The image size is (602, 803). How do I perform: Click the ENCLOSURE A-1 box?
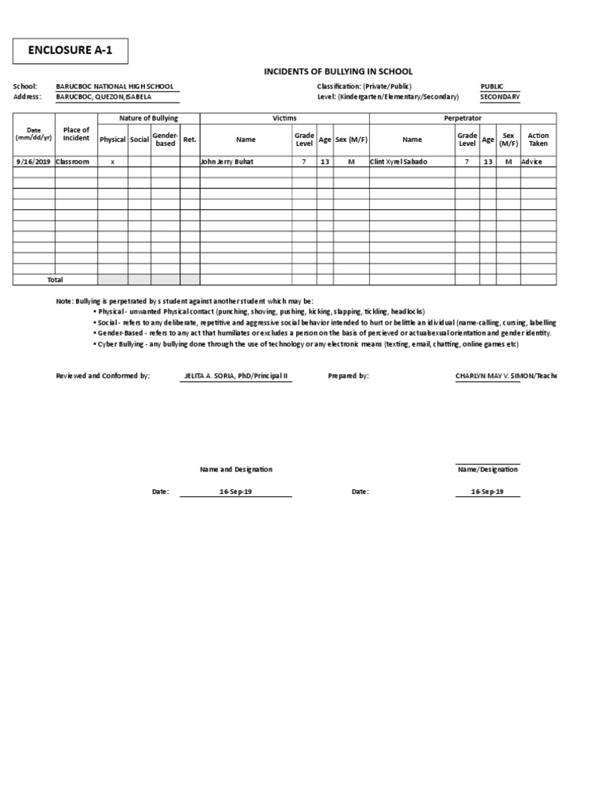click(x=70, y=52)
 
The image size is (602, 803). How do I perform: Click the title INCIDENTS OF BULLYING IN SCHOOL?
click(x=338, y=71)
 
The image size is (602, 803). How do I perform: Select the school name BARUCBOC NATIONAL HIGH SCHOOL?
click(x=114, y=86)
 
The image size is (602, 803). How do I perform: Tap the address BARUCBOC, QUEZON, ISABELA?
click(x=103, y=96)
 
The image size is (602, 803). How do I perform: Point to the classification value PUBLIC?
click(x=491, y=86)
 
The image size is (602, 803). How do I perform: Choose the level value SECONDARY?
click(x=499, y=96)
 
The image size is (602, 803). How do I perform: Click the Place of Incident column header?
click(x=76, y=134)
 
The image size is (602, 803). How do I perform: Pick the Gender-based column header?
click(x=165, y=140)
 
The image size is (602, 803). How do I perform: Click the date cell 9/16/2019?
click(x=34, y=162)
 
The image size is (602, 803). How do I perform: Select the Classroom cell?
click(x=73, y=162)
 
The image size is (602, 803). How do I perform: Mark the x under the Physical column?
click(x=112, y=162)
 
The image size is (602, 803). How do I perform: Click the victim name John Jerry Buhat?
click(x=227, y=162)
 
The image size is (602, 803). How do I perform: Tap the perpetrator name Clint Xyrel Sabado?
click(x=399, y=162)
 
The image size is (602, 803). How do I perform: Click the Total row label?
click(x=55, y=279)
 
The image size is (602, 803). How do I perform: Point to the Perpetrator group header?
click(x=462, y=118)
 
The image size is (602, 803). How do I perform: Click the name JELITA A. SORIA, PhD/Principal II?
click(x=236, y=376)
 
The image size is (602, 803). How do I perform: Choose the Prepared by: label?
click(x=348, y=376)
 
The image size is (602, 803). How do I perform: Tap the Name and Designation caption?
click(x=236, y=469)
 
